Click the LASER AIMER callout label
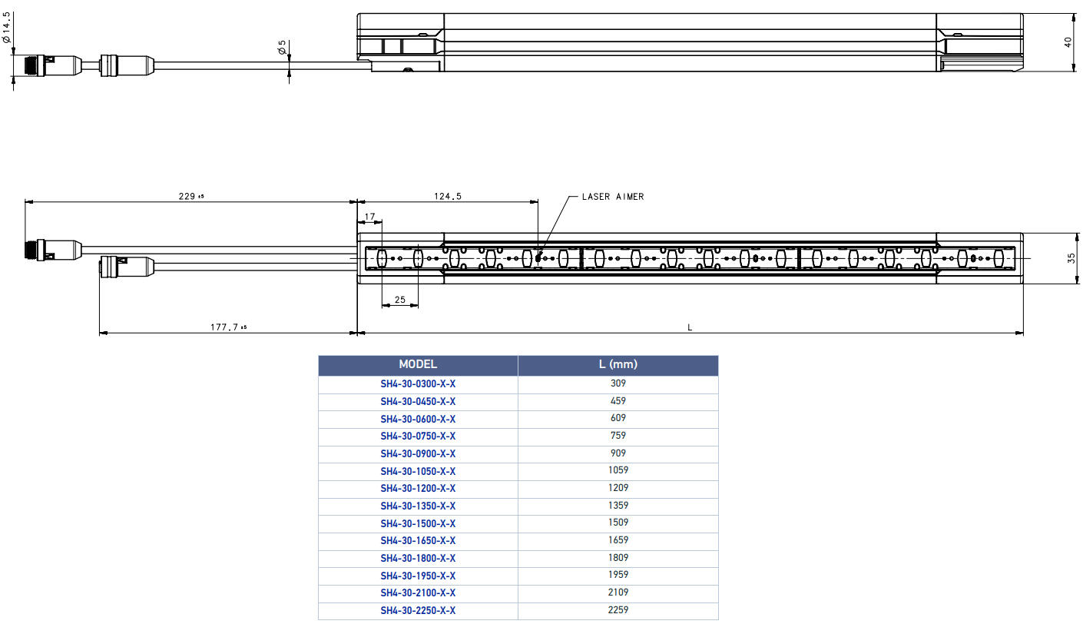pos(612,197)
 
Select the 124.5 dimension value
pos(447,196)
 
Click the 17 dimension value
pos(369,217)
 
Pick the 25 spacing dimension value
pos(399,299)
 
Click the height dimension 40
pos(1068,42)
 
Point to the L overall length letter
pos(690,327)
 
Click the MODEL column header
pos(418,364)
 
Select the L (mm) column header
pos(618,364)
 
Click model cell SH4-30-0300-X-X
pos(418,383)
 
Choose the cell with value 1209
pos(618,488)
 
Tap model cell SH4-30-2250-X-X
pos(418,611)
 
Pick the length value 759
pos(618,436)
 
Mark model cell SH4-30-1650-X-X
pos(418,541)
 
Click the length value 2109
pos(618,592)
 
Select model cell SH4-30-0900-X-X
pos(418,453)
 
